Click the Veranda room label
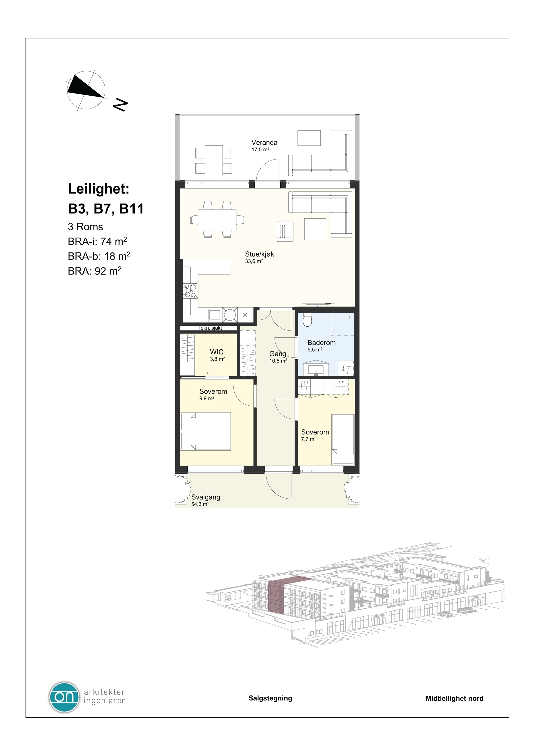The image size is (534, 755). (264, 142)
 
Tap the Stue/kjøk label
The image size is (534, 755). (259, 254)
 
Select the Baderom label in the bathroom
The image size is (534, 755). (321, 342)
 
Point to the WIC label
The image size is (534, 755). (217, 352)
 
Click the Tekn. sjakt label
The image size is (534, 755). (210, 328)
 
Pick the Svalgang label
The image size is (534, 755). (206, 497)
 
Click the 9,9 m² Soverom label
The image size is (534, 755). (213, 391)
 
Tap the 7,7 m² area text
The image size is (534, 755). (308, 439)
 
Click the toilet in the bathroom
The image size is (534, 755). (307, 321)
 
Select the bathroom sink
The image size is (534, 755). (316, 369)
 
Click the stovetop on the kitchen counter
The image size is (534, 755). (190, 290)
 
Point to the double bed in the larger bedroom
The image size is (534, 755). (206, 431)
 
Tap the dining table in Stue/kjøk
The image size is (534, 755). (217, 219)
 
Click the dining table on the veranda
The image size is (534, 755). (214, 160)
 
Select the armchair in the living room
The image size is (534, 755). (285, 231)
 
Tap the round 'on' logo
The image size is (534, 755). (64, 697)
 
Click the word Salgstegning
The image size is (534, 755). (270, 698)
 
